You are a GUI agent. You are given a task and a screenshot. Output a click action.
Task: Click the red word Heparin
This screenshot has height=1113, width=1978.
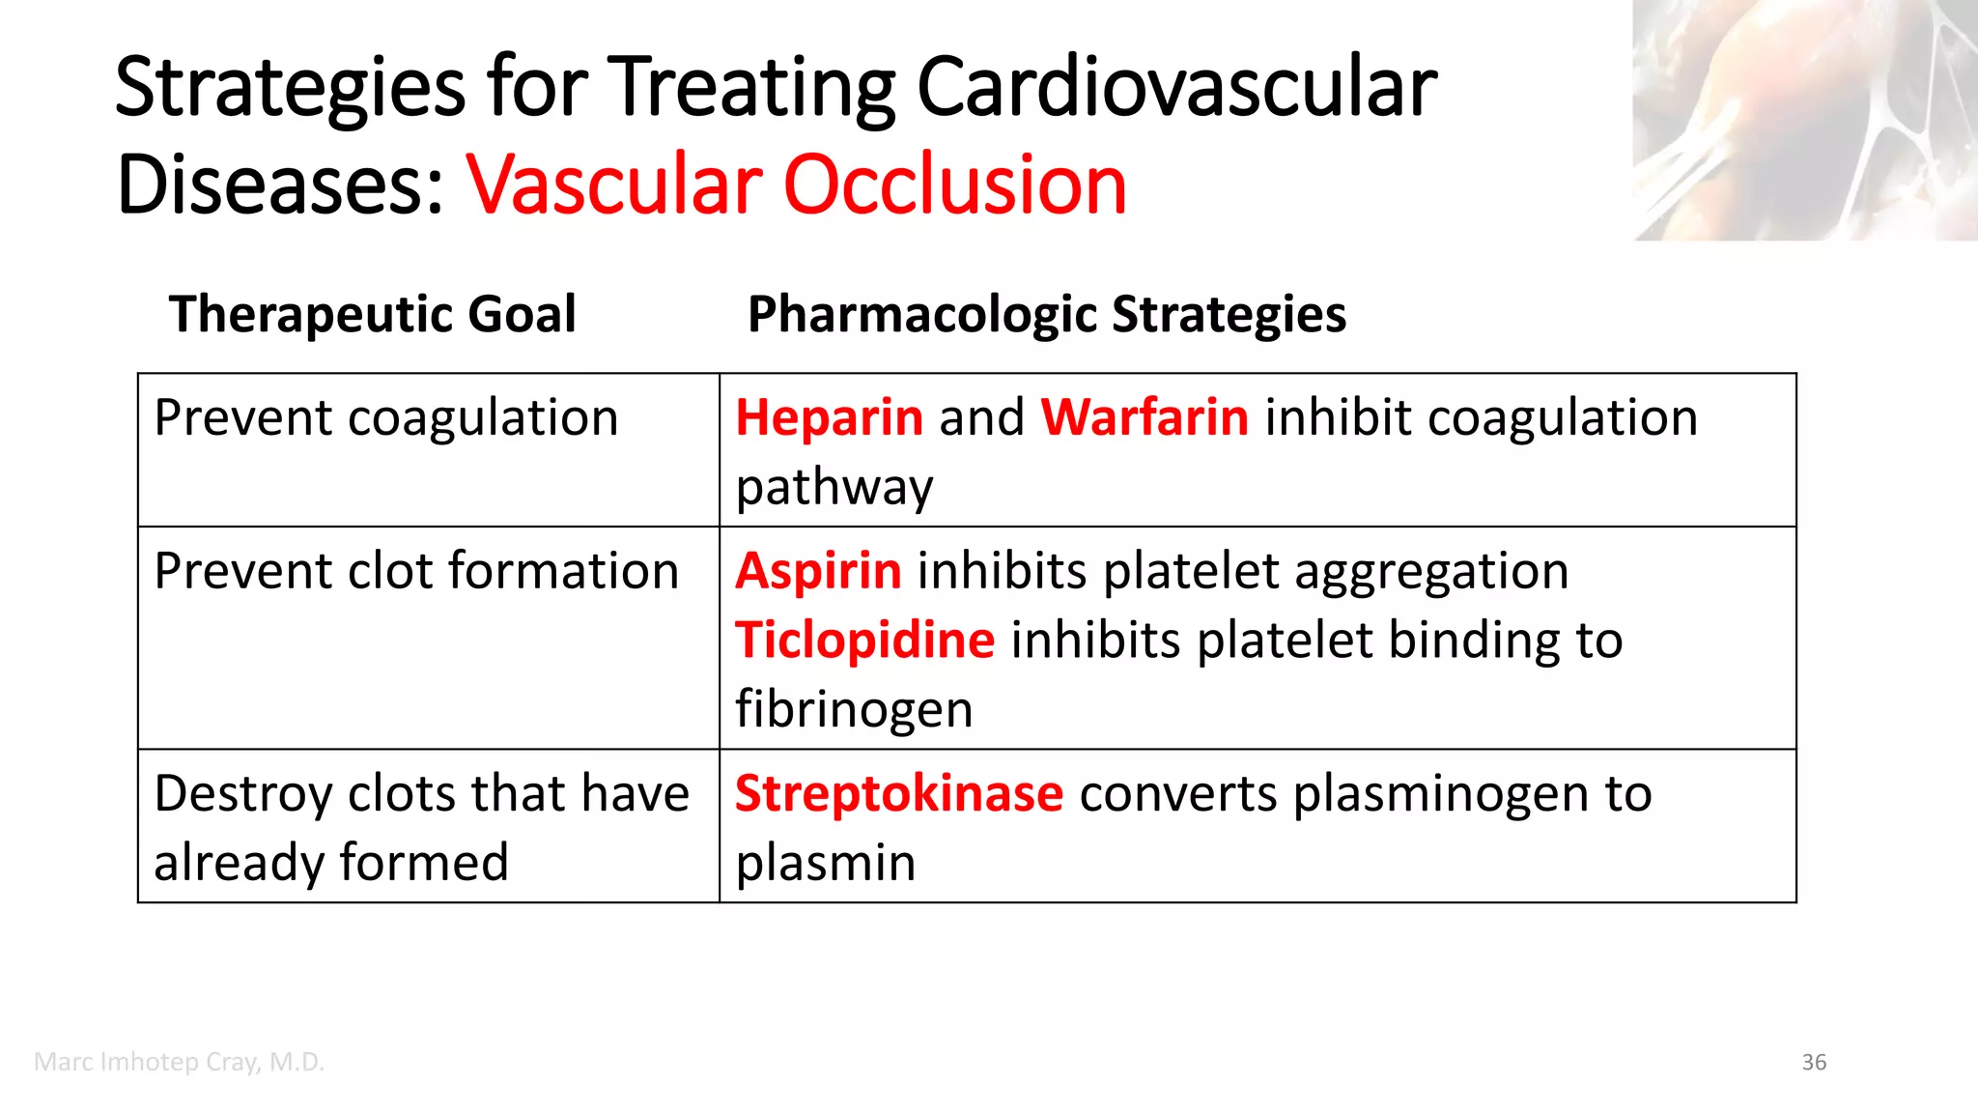[829, 418]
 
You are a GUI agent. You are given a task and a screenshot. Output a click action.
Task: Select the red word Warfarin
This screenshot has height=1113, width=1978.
[1144, 418]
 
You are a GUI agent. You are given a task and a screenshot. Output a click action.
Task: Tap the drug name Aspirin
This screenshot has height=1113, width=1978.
[818, 571]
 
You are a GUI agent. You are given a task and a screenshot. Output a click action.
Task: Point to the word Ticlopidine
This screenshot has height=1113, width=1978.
[864, 641]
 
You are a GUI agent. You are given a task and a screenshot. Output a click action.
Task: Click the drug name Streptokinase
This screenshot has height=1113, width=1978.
[898, 794]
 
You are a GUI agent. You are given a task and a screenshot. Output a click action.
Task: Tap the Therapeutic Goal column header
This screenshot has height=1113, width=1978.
[373, 315]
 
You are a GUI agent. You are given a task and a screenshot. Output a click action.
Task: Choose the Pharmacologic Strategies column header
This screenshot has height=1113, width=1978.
[1047, 315]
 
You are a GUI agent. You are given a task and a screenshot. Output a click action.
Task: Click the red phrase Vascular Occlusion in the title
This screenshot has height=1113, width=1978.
[797, 185]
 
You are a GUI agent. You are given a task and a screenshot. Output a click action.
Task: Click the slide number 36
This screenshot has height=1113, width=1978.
[1814, 1063]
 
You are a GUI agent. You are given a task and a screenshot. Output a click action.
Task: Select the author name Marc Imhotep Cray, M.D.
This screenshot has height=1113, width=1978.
[179, 1062]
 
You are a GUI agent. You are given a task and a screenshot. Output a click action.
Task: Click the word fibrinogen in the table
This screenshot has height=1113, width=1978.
[854, 710]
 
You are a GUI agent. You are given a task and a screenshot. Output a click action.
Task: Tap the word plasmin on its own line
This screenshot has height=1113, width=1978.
[826, 863]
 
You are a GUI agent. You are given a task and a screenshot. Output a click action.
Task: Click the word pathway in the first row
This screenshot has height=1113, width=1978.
[834, 488]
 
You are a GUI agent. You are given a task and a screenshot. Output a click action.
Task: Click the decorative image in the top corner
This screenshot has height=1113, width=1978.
[1804, 120]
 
